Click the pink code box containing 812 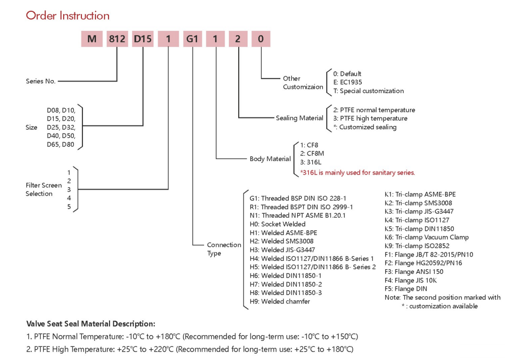(x=117, y=39)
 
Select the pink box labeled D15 (x=143, y=39)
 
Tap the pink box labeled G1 (x=193, y=39)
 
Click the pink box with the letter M (x=92, y=39)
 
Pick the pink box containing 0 (x=261, y=39)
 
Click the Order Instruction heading (x=68, y=15)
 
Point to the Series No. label (x=41, y=81)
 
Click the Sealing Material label (x=300, y=118)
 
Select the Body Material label (x=270, y=159)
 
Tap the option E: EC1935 (x=348, y=82)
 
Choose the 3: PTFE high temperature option (x=370, y=118)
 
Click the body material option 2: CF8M (x=312, y=154)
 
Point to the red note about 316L (x=358, y=173)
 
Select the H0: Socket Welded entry (x=278, y=224)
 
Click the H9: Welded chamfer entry (x=280, y=301)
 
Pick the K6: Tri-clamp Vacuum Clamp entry (x=427, y=237)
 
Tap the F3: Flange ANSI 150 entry (x=414, y=272)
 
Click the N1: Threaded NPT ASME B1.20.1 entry (x=298, y=215)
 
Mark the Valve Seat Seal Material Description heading (x=91, y=324)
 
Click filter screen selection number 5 (x=69, y=207)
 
